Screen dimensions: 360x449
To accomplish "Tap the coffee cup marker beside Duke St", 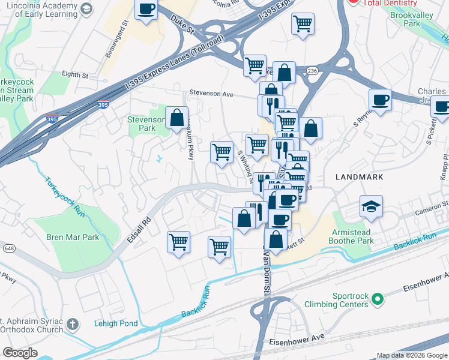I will tap(146, 10).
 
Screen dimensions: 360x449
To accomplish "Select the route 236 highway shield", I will tap(312, 71).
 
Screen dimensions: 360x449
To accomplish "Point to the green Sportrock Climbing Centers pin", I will tap(377, 298).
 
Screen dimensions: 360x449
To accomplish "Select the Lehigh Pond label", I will tap(116, 323).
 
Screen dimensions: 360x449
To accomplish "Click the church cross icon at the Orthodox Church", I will tap(72, 325).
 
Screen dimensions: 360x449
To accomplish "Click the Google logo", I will tap(20, 352).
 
